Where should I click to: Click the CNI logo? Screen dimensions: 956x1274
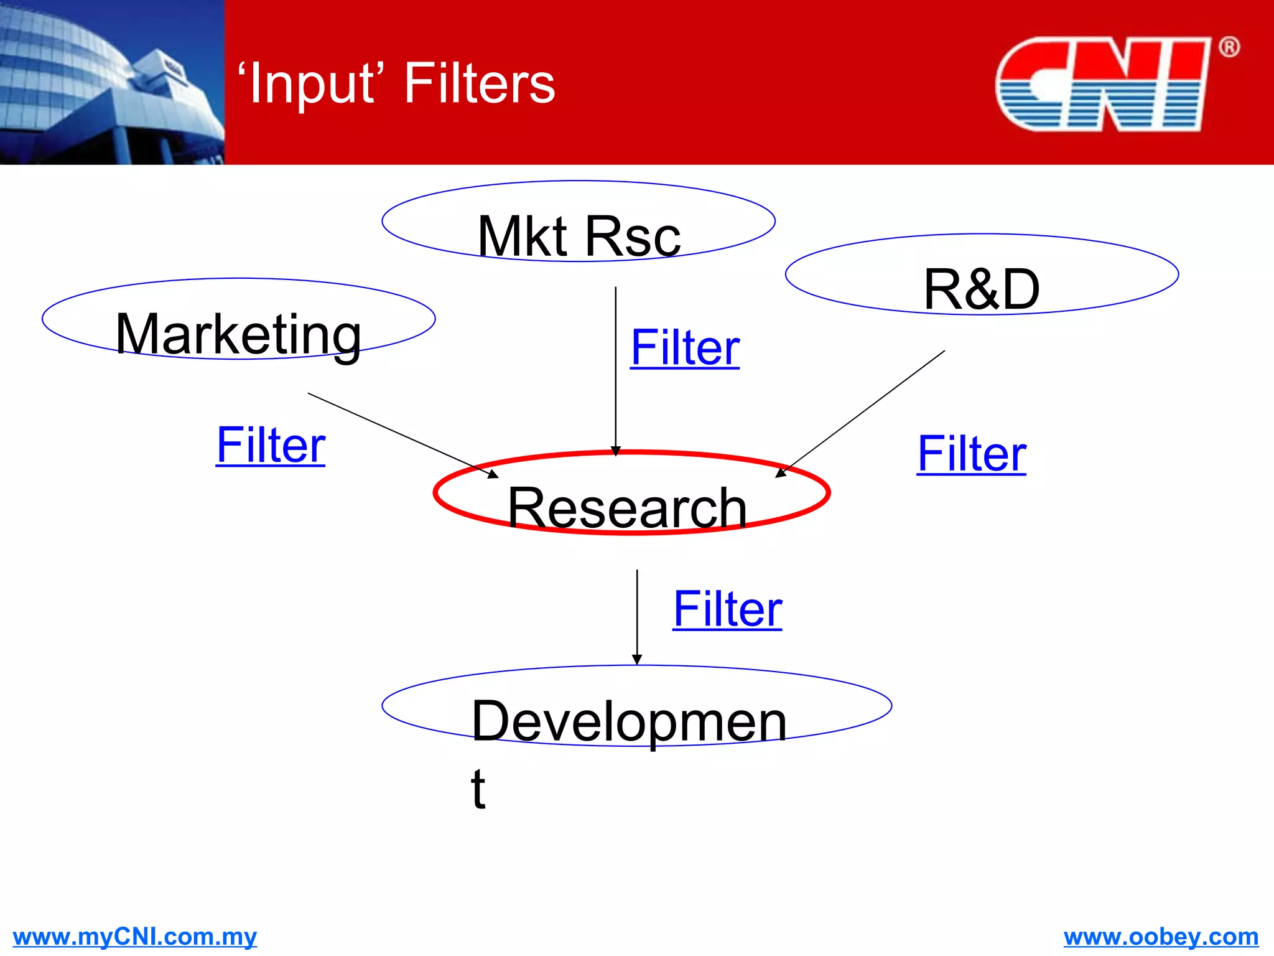pyautogui.click(x=1102, y=84)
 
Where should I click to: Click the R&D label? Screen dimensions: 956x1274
pyautogui.click(x=981, y=289)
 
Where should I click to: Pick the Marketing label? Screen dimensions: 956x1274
pyautogui.click(x=238, y=335)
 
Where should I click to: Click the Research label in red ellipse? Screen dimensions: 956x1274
pyautogui.click(x=627, y=508)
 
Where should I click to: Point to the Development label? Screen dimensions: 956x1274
pyautogui.click(x=628, y=722)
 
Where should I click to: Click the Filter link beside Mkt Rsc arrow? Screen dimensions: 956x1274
pyautogui.click(x=685, y=348)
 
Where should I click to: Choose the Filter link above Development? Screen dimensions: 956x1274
pyautogui.click(x=727, y=609)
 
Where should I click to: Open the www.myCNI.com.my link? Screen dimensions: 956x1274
pyautogui.click(x=134, y=937)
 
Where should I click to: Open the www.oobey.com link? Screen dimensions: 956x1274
pyautogui.click(x=1161, y=937)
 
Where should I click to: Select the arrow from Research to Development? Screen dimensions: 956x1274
pyautogui.click(x=637, y=616)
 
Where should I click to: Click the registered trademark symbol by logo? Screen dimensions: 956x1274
pyautogui.click(x=1229, y=47)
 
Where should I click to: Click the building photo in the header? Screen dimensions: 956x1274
pyautogui.click(x=112, y=82)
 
